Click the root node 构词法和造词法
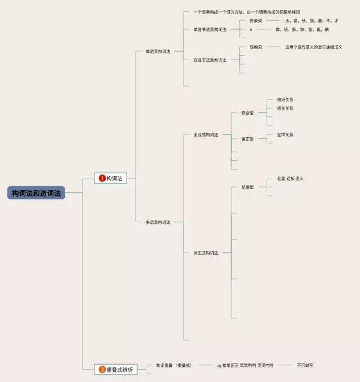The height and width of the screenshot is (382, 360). click(x=37, y=193)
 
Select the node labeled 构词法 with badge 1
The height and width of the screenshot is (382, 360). click(x=111, y=178)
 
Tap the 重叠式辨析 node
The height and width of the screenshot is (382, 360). click(x=116, y=370)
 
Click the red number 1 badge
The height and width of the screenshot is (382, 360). click(x=102, y=178)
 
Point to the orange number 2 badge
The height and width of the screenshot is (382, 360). click(x=102, y=370)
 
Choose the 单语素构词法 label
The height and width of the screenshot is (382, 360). click(x=157, y=51)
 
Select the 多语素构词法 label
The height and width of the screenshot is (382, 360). click(x=157, y=222)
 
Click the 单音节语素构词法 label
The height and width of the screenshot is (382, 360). click(x=209, y=29)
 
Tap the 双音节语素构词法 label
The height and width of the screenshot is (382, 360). click(x=209, y=60)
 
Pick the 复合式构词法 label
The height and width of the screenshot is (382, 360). click(x=205, y=134)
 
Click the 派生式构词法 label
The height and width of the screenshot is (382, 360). click(x=205, y=253)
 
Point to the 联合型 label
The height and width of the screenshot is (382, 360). click(x=247, y=113)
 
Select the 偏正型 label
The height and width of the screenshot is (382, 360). click(x=247, y=139)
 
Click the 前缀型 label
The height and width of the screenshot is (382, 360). click(x=247, y=187)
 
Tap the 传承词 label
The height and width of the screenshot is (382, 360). click(x=255, y=21)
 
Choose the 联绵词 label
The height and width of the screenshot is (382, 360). click(x=255, y=47)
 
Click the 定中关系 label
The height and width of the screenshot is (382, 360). click(x=285, y=135)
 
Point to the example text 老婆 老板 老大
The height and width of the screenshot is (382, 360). click(x=290, y=178)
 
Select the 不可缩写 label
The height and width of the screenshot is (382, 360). click(x=305, y=365)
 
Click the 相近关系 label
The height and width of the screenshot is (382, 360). click(x=285, y=100)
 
